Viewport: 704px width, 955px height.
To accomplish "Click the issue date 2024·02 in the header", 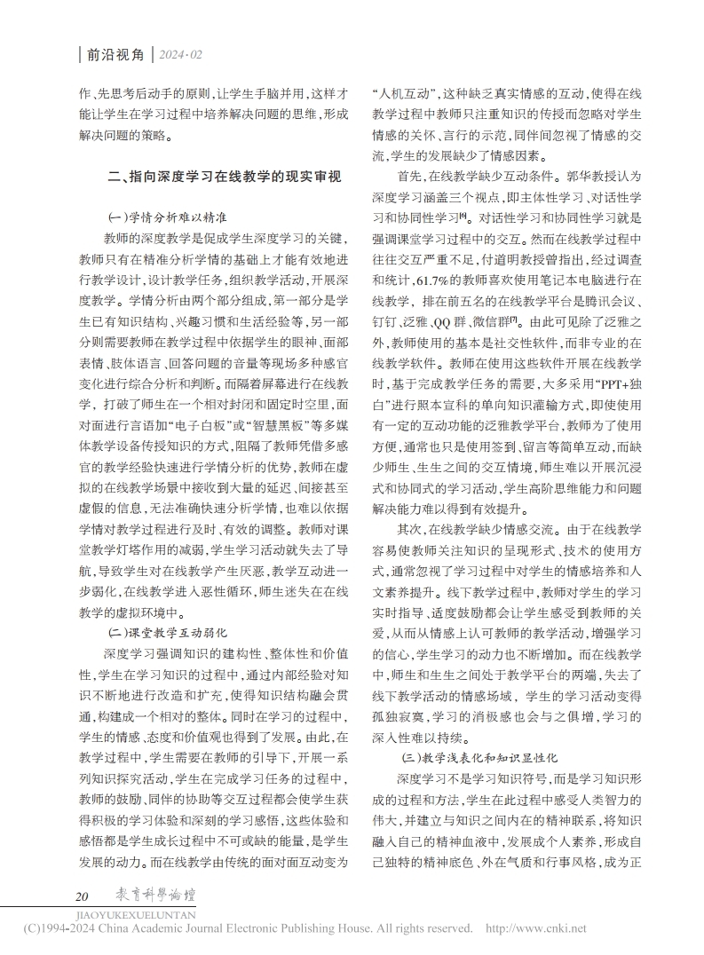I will [182, 55].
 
